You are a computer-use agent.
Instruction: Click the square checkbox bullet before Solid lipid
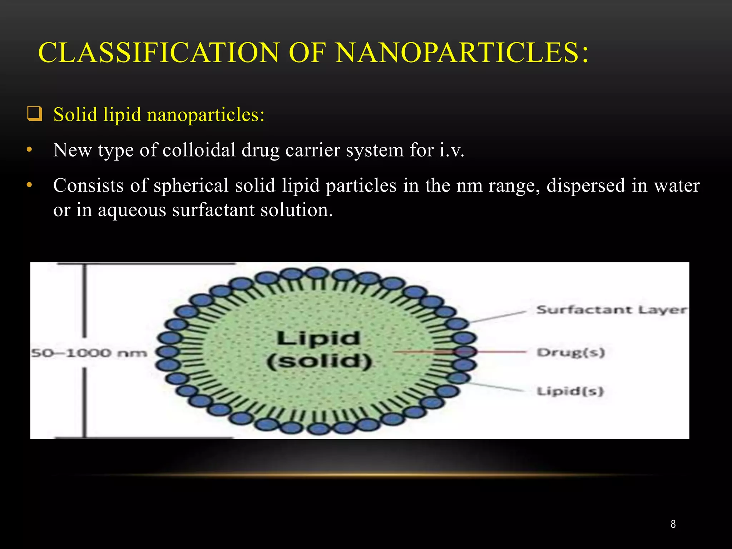tap(35, 114)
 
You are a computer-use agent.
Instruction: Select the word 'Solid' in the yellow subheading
tap(75, 115)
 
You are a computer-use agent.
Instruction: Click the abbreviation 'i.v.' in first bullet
tap(452, 150)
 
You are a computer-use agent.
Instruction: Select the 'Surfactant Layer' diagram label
tap(611, 310)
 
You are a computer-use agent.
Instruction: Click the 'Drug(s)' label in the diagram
tap(570, 352)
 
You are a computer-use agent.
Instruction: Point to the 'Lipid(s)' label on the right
tap(570, 391)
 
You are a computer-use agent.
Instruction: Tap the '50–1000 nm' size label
tap(89, 353)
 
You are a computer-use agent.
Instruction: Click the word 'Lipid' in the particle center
tap(318, 338)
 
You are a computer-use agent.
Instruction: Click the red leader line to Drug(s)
tap(500, 352)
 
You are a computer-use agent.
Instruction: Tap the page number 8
tap(673, 524)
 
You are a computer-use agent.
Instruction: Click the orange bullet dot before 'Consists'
tap(30, 186)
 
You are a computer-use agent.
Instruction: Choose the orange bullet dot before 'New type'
tap(30, 150)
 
